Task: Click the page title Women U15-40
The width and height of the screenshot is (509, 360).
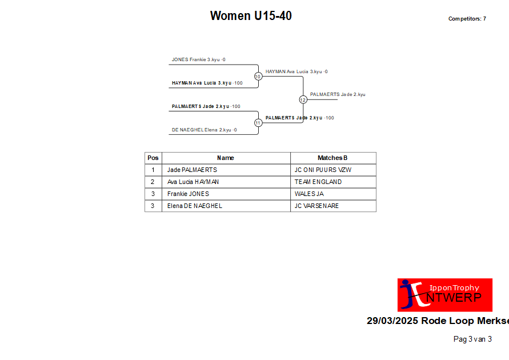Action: point(251,15)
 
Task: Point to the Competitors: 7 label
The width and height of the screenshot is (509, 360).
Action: point(467,19)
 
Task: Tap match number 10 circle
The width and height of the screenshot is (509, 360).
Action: point(258,77)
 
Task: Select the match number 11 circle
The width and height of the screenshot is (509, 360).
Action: point(258,123)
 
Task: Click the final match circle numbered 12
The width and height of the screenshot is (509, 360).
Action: point(303,99)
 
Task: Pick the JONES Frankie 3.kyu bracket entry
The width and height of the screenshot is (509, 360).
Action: point(198,60)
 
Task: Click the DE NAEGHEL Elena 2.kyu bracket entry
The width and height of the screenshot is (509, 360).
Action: point(204,130)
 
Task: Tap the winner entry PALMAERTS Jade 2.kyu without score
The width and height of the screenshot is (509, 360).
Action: point(338,94)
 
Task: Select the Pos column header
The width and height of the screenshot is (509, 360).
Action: point(153,158)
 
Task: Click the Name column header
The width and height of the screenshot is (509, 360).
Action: point(226,158)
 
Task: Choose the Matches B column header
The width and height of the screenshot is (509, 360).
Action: point(332,158)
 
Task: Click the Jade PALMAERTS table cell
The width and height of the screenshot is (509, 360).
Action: point(192,170)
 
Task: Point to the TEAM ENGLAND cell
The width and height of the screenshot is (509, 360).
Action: point(318,182)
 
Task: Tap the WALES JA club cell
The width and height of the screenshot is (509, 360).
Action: point(309,194)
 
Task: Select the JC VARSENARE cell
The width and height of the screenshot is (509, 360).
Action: point(316,206)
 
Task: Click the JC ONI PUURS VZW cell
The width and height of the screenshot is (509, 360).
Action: point(323,170)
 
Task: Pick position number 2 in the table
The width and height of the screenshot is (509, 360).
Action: point(153,182)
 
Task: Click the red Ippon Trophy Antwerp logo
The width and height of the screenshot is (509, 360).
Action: point(444,295)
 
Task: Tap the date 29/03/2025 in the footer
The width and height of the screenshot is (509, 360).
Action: point(392,321)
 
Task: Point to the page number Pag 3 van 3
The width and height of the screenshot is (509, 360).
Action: point(472,339)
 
